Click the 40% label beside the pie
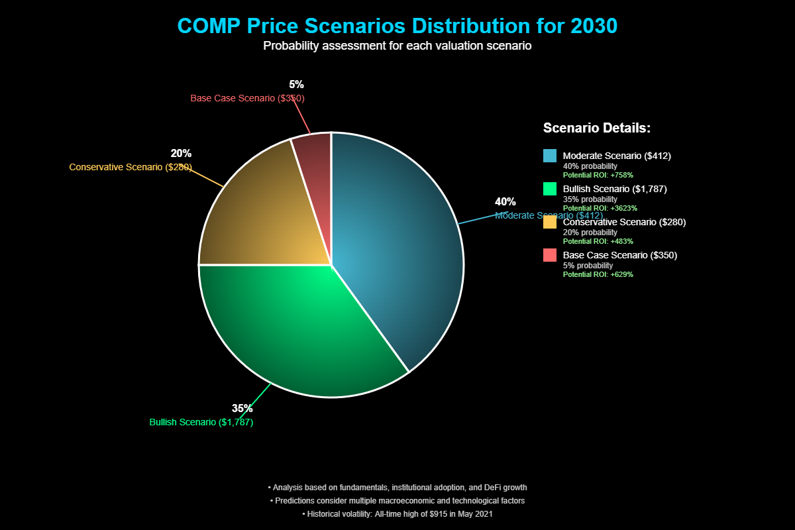point(505,201)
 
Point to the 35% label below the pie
point(242,408)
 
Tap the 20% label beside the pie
point(181,154)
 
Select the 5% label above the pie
point(296,84)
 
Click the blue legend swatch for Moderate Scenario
point(549,156)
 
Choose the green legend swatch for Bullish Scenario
point(549,189)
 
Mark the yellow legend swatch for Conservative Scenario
point(549,222)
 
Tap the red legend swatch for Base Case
point(549,255)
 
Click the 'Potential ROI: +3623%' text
point(600,208)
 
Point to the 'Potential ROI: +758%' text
point(598,175)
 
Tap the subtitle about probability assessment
point(397,46)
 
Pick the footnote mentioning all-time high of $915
point(397,513)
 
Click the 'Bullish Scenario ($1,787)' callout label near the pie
point(201,422)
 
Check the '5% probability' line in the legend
point(588,265)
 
